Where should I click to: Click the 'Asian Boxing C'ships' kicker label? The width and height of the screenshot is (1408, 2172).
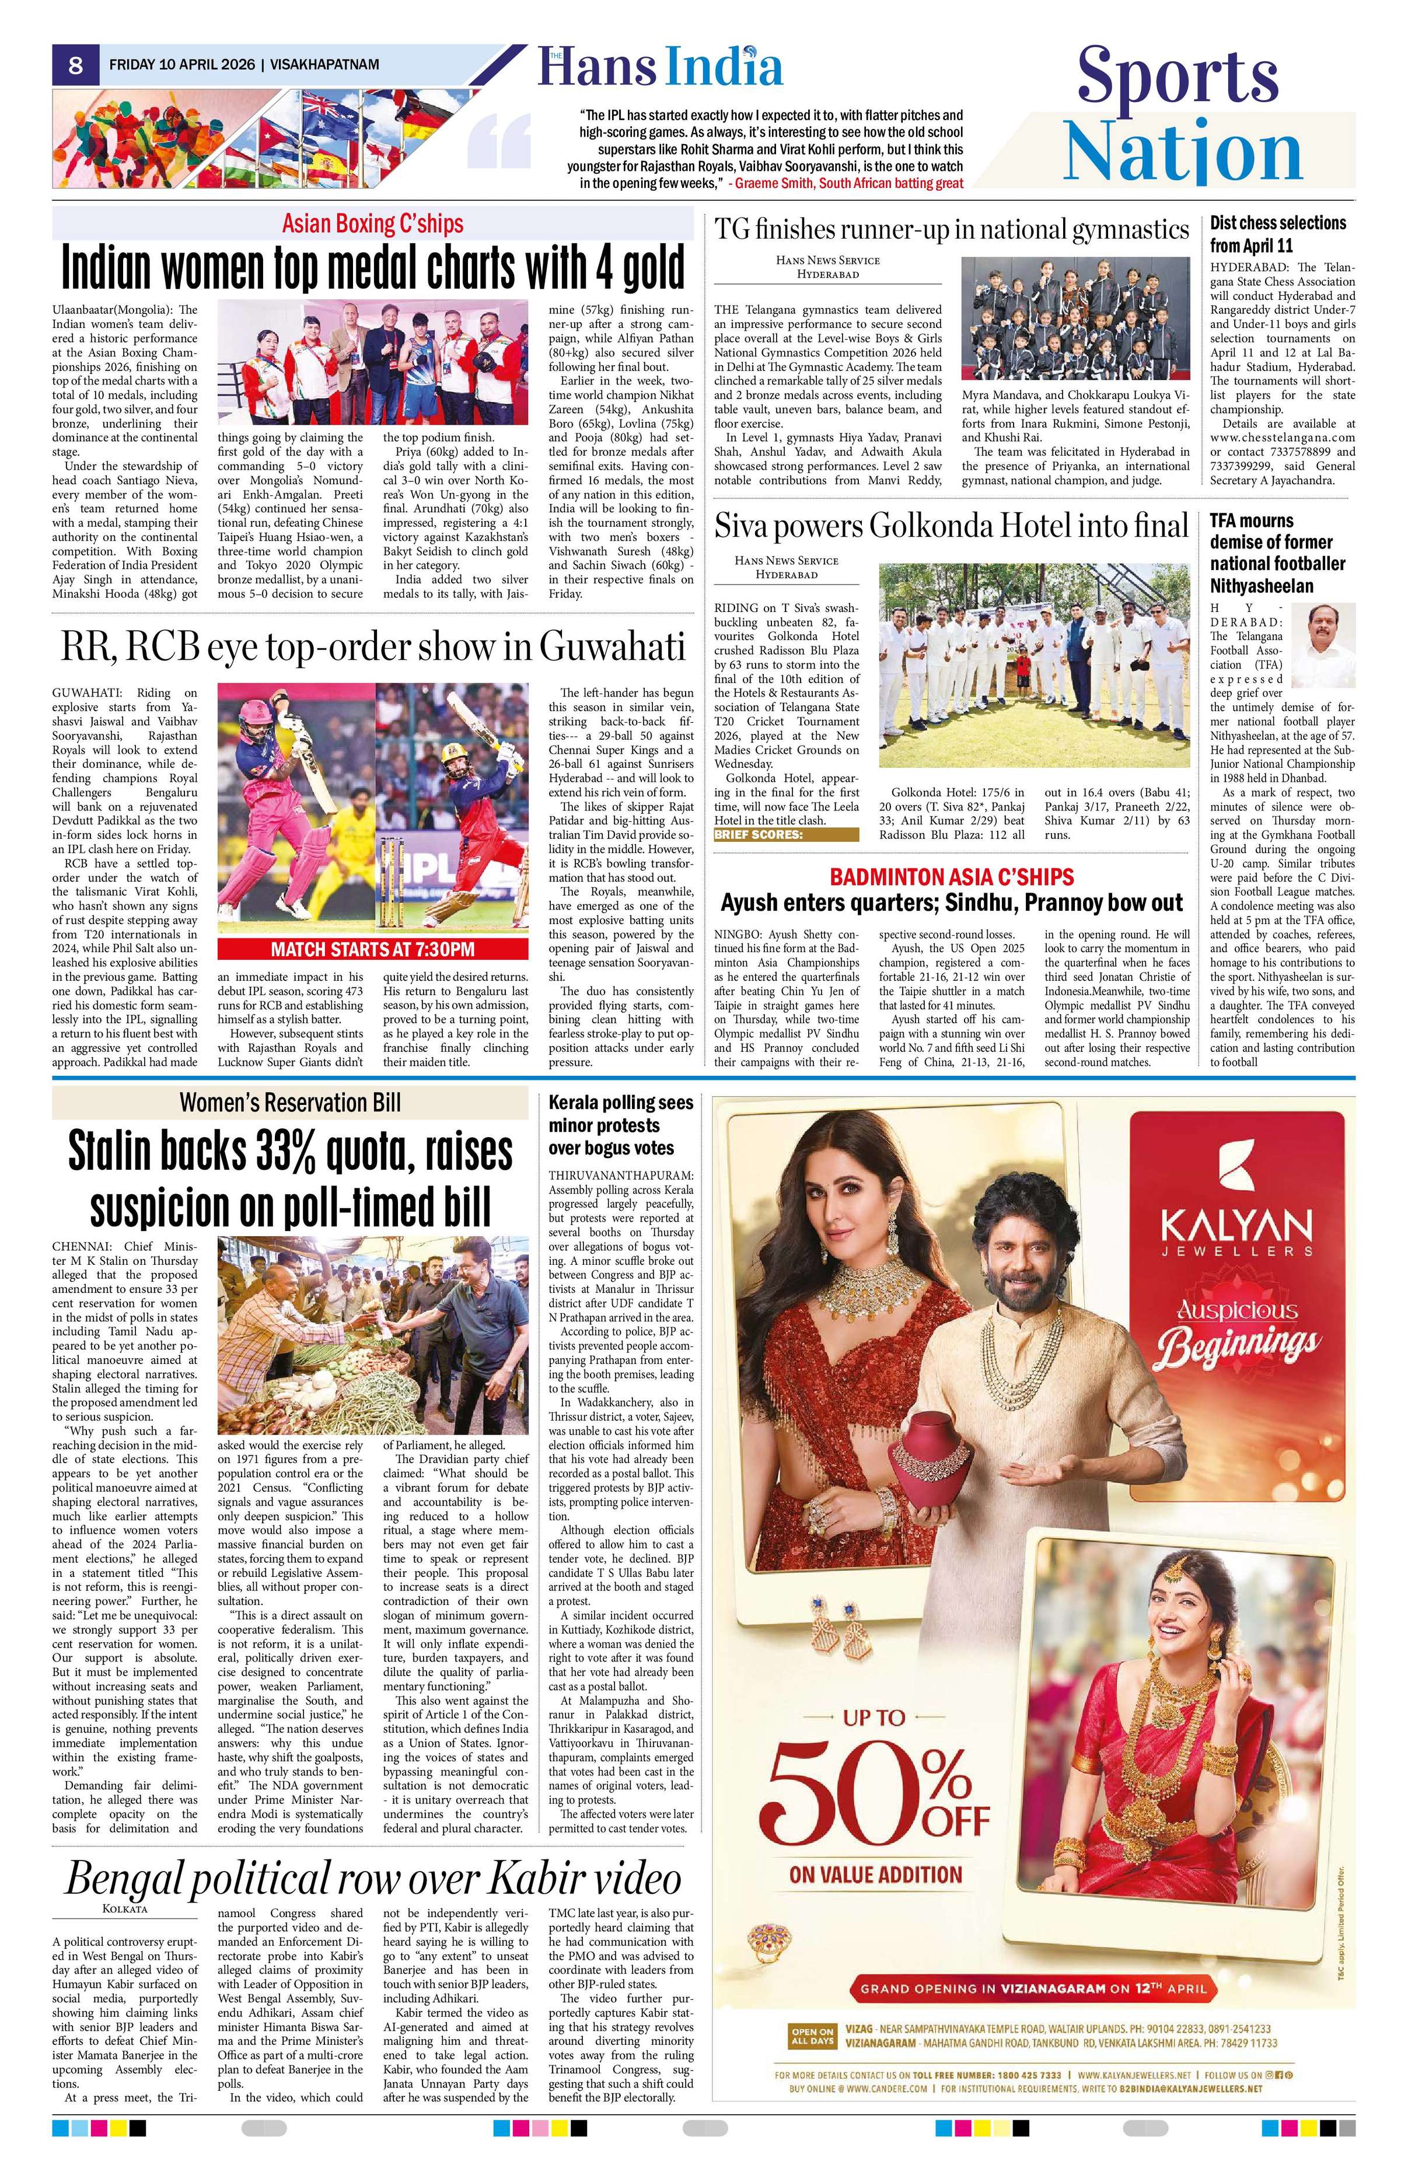(x=372, y=223)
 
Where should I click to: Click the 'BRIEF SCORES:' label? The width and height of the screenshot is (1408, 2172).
(x=785, y=834)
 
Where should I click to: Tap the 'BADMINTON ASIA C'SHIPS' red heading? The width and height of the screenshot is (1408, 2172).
(x=951, y=877)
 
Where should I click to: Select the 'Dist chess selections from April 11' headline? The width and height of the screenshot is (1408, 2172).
(x=1277, y=233)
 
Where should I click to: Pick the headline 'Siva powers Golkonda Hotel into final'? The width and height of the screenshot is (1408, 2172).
(x=951, y=527)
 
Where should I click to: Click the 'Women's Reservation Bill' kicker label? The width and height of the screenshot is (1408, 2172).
(x=289, y=1103)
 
